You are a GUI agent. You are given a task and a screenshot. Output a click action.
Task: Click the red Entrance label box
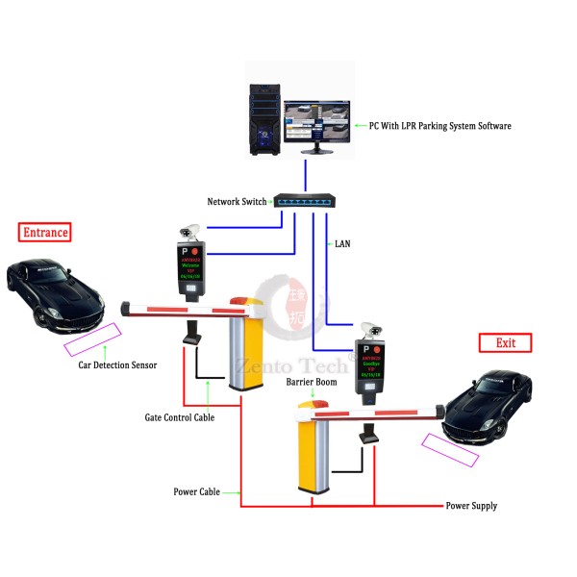(46, 232)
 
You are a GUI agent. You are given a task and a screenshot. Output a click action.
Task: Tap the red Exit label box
(505, 342)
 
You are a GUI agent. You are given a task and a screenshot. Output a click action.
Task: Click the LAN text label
(341, 244)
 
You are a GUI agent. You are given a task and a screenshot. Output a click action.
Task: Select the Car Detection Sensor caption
(117, 364)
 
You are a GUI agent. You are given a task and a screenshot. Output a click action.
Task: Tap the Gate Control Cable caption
(180, 416)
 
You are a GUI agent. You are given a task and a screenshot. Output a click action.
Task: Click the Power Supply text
(471, 505)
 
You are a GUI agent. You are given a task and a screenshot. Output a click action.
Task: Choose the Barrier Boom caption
(311, 382)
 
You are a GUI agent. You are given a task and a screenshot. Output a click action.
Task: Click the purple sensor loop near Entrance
(92, 338)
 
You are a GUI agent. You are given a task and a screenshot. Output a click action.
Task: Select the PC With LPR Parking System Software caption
(439, 126)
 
